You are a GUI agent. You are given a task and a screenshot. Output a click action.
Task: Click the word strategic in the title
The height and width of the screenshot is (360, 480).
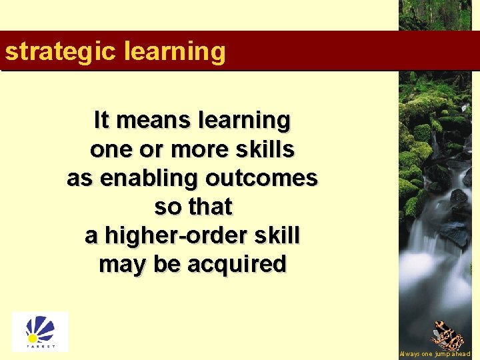point(59,51)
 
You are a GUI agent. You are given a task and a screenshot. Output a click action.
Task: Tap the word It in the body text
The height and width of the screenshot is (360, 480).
point(101,121)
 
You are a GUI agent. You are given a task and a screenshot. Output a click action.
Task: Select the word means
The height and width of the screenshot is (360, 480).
point(151,121)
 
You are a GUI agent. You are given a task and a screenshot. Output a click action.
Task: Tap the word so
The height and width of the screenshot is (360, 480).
point(166,207)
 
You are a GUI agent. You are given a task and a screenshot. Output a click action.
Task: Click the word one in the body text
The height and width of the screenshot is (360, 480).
point(107,149)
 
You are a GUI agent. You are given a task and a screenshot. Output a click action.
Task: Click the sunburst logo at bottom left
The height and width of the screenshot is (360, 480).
point(40,331)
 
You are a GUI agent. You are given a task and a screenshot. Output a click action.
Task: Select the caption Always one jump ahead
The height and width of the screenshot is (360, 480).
point(435,354)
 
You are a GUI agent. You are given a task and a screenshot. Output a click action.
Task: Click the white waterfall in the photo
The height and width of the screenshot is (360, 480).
point(437,260)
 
